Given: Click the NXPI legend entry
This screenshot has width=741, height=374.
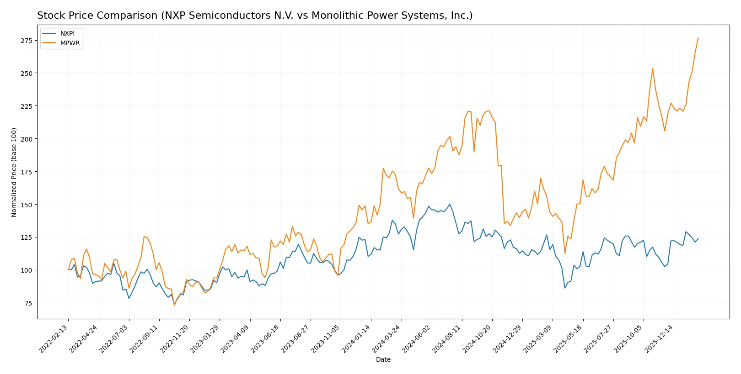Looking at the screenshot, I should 67,33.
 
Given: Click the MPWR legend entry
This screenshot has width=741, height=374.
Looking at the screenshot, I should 70,43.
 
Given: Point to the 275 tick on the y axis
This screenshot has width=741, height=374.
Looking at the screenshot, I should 27,41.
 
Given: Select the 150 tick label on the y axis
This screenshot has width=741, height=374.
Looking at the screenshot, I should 27,205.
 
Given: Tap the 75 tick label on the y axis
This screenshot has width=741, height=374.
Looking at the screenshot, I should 28,303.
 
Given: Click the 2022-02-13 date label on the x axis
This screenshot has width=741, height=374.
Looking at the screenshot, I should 54,339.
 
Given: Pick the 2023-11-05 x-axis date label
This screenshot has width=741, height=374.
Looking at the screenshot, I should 327,339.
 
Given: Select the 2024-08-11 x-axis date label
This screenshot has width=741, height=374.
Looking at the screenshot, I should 448,339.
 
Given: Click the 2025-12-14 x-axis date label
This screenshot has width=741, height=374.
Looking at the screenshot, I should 660,339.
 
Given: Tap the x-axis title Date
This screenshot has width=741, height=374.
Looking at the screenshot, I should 383,360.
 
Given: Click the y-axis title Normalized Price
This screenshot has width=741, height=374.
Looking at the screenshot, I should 14,172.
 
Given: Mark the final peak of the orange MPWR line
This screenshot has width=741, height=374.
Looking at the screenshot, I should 698,38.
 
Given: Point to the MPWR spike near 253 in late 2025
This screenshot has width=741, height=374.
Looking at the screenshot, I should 653,68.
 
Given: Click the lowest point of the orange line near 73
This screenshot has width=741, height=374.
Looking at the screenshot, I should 174,305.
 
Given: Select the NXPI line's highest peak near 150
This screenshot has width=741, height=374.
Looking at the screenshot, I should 450,204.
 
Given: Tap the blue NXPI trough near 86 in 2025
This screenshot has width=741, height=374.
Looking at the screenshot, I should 565,288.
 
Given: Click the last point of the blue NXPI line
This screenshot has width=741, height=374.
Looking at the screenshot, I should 698,238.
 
